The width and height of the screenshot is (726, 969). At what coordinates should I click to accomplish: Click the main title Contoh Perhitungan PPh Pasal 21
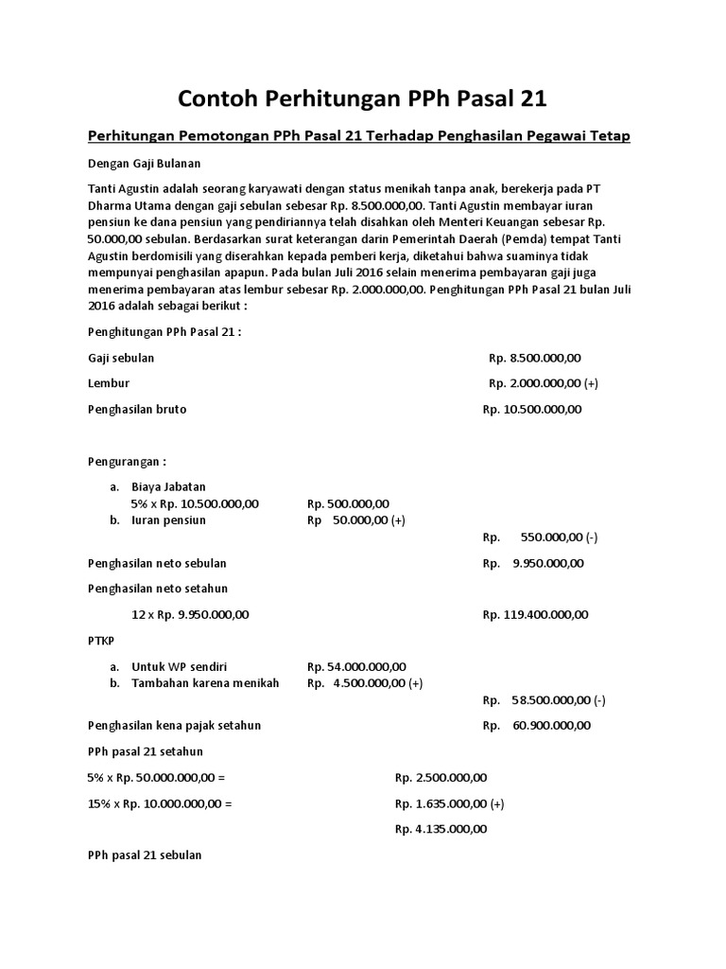click(x=363, y=98)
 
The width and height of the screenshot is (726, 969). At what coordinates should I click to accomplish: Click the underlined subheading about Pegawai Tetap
click(x=358, y=136)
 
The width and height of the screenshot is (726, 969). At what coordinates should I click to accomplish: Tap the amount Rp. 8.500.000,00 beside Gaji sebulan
click(x=535, y=359)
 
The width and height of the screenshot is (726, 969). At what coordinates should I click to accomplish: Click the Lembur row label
click(x=109, y=383)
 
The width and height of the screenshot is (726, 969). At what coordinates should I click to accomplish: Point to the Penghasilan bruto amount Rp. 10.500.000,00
click(x=532, y=409)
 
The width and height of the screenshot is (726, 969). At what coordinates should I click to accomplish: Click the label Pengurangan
click(x=127, y=462)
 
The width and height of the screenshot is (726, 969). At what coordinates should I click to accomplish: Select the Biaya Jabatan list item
click(x=168, y=486)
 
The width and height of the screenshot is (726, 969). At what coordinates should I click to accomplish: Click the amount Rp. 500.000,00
click(x=349, y=503)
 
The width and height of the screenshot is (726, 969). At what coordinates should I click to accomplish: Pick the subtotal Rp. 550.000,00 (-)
click(x=540, y=537)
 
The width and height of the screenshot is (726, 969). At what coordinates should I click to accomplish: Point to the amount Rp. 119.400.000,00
click(x=535, y=614)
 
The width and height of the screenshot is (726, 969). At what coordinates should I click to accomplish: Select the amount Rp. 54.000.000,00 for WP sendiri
click(x=357, y=666)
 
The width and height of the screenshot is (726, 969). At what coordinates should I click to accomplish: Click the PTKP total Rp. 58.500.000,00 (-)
click(x=544, y=700)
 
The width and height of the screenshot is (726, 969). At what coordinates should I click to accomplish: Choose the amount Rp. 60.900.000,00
click(x=536, y=726)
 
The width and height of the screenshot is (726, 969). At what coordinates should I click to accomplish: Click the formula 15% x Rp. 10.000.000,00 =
click(x=160, y=803)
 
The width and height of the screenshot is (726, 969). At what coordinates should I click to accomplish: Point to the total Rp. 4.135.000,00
click(x=441, y=829)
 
